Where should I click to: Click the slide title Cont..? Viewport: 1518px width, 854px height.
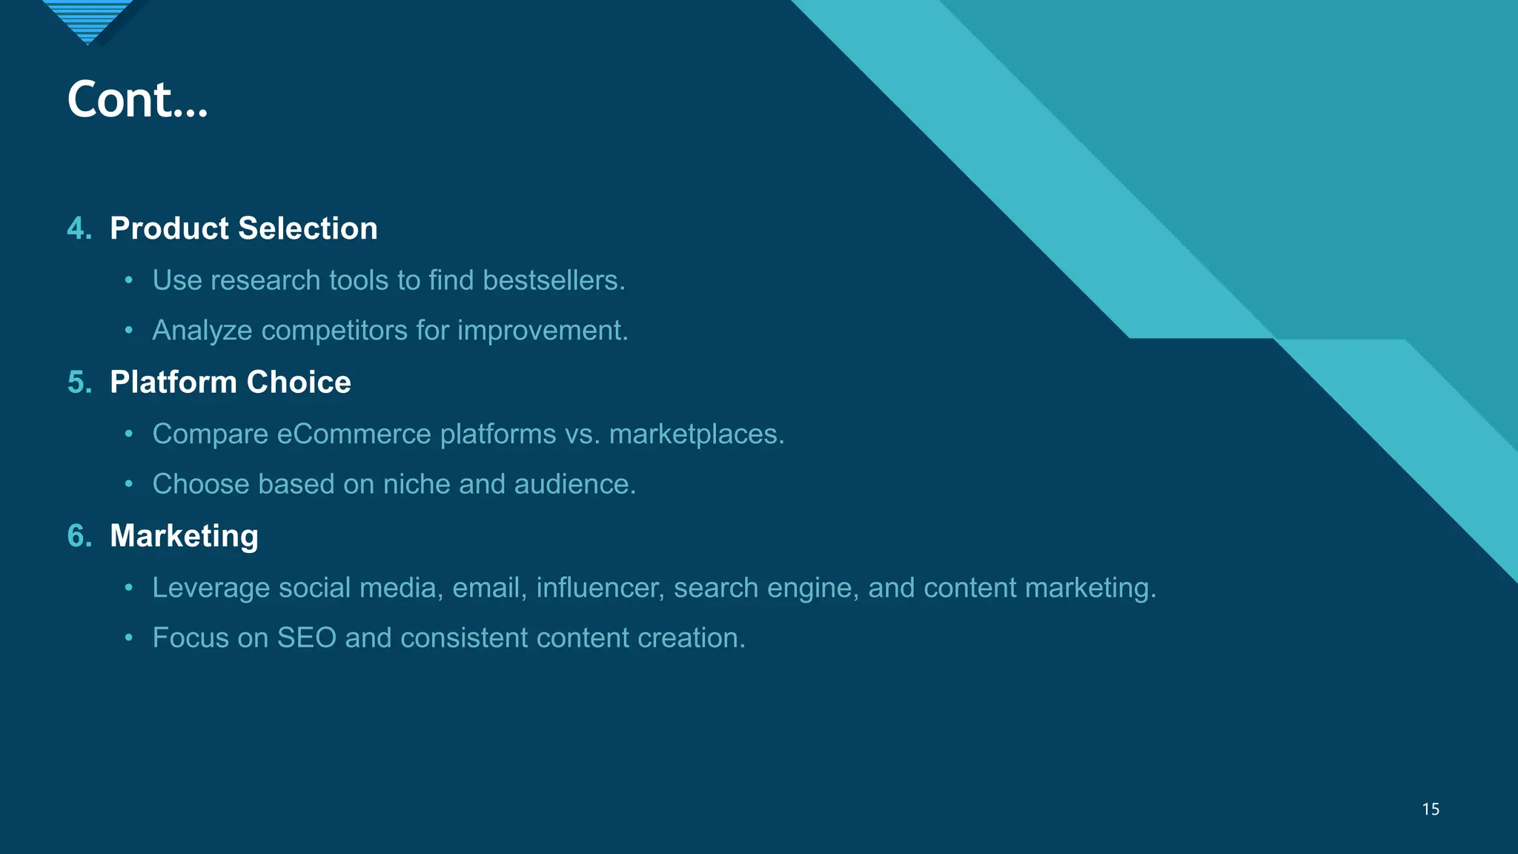click(x=137, y=99)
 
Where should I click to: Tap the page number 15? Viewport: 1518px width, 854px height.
click(x=1431, y=810)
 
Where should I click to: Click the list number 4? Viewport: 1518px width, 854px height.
click(x=79, y=228)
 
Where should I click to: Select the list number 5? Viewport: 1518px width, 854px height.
click(x=79, y=383)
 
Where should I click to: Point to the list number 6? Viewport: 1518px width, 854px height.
click(x=79, y=536)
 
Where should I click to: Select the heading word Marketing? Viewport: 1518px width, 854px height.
click(x=184, y=536)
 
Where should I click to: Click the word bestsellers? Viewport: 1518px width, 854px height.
click(x=554, y=280)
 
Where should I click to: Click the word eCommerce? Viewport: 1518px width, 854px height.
click(x=354, y=434)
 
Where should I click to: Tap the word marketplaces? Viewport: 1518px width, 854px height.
click(x=696, y=434)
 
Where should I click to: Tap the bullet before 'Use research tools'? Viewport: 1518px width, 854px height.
click(x=129, y=280)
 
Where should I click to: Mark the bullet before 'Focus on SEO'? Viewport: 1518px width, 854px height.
click(x=129, y=638)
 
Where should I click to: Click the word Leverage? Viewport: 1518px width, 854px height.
click(x=211, y=588)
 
